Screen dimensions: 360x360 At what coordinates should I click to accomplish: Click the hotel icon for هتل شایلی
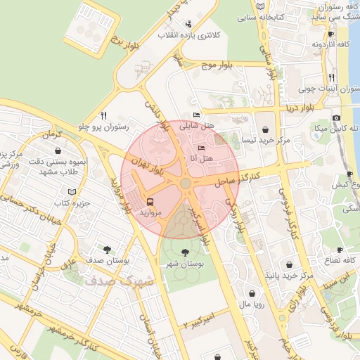(196, 115)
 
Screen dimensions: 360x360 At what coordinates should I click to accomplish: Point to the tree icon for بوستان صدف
(106, 249)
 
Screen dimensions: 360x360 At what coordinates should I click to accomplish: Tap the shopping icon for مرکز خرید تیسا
(264, 129)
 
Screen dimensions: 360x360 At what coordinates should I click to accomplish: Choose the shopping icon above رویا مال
(251, 293)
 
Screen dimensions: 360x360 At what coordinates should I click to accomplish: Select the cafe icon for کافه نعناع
(340, 250)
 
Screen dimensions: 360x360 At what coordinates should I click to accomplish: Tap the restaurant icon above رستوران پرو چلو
(104, 115)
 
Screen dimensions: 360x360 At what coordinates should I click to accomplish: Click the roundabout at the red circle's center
(185, 184)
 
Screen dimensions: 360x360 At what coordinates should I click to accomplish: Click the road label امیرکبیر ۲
(200, 320)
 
